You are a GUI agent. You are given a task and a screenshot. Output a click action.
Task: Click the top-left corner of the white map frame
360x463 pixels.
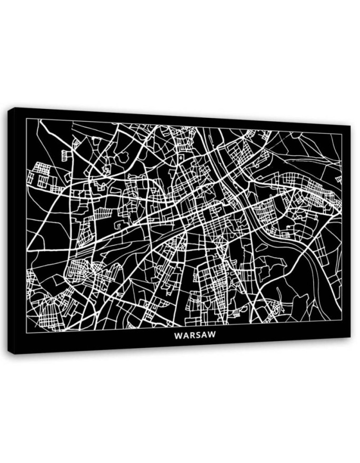click(26, 119)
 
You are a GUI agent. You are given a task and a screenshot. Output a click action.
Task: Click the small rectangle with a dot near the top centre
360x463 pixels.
click(181, 157)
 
